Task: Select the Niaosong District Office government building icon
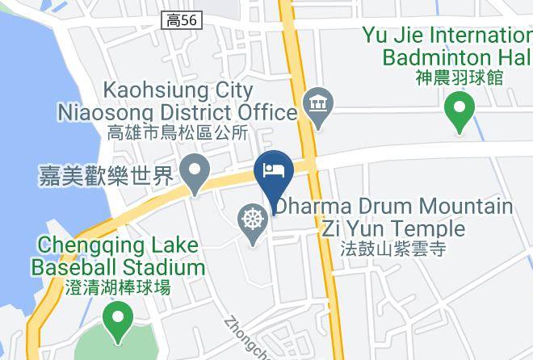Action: (315, 106)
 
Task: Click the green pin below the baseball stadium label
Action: (119, 318)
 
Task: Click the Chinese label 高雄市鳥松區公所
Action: (178, 132)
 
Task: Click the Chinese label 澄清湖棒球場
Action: (118, 287)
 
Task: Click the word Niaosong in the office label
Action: (103, 111)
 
